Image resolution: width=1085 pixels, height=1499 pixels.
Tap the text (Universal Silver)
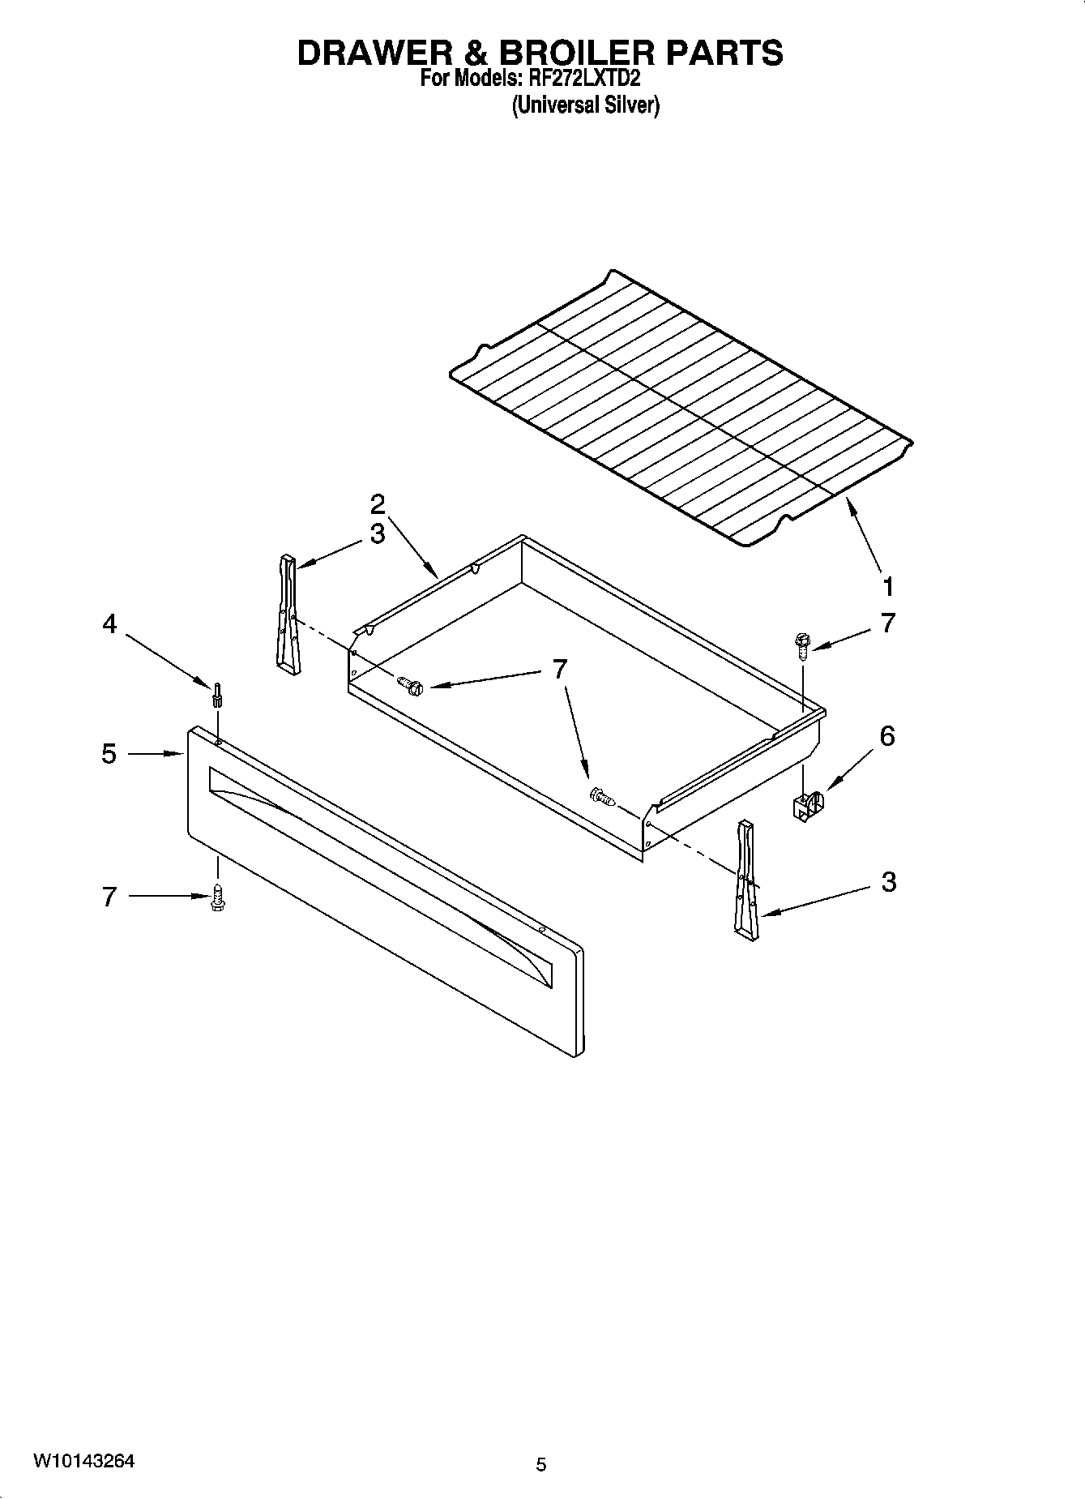pos(585,105)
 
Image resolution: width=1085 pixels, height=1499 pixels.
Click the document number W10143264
pos(83,1462)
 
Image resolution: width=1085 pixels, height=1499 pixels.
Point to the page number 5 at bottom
pos(541,1464)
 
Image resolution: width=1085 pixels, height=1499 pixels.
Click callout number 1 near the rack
pos(888,586)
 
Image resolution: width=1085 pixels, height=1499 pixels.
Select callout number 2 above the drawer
pos(378,504)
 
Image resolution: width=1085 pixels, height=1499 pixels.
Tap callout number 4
pos(109,623)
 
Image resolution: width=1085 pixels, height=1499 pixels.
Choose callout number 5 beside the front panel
pos(109,754)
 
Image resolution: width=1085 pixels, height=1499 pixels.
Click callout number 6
pos(887,736)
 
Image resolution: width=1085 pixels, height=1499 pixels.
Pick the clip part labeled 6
pos(808,807)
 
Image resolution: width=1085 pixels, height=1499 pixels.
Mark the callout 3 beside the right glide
pos(888,882)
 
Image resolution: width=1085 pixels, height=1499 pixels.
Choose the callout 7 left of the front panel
pos(109,897)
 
